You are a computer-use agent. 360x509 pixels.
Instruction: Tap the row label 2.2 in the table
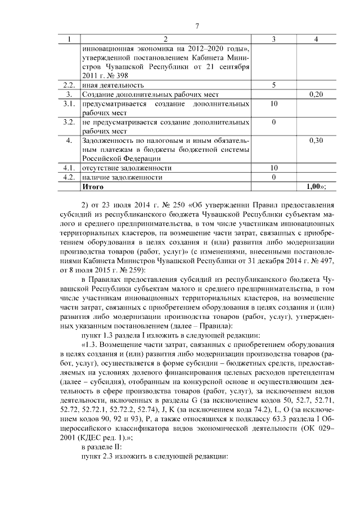pyautogui.click(x=69, y=85)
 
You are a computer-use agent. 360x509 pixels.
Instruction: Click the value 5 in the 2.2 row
pyautogui.click(x=273, y=85)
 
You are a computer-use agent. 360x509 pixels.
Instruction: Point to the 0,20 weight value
pyautogui.click(x=316, y=94)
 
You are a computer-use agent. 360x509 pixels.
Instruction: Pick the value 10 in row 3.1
pyautogui.click(x=273, y=104)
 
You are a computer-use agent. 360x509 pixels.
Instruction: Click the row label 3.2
pyautogui.click(x=69, y=121)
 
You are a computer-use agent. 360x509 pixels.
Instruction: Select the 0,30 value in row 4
pyautogui.click(x=316, y=140)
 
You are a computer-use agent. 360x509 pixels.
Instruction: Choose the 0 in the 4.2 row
pyautogui.click(x=273, y=177)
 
